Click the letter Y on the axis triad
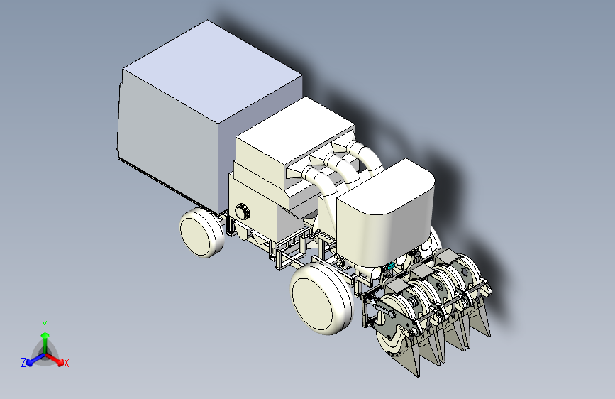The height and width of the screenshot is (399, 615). click(x=45, y=324)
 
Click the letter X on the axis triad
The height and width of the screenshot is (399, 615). click(x=66, y=363)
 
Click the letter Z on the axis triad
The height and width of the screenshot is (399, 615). click(x=23, y=363)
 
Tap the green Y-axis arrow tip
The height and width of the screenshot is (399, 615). click(x=45, y=335)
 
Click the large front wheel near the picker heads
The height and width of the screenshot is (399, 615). click(x=321, y=298)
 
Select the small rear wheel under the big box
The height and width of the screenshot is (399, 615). click(x=201, y=232)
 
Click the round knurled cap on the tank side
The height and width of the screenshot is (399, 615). click(x=243, y=212)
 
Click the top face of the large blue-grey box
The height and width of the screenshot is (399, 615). click(x=212, y=73)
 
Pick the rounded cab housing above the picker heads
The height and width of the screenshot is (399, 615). click(x=386, y=208)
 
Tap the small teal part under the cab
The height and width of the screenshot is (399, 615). click(x=390, y=266)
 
